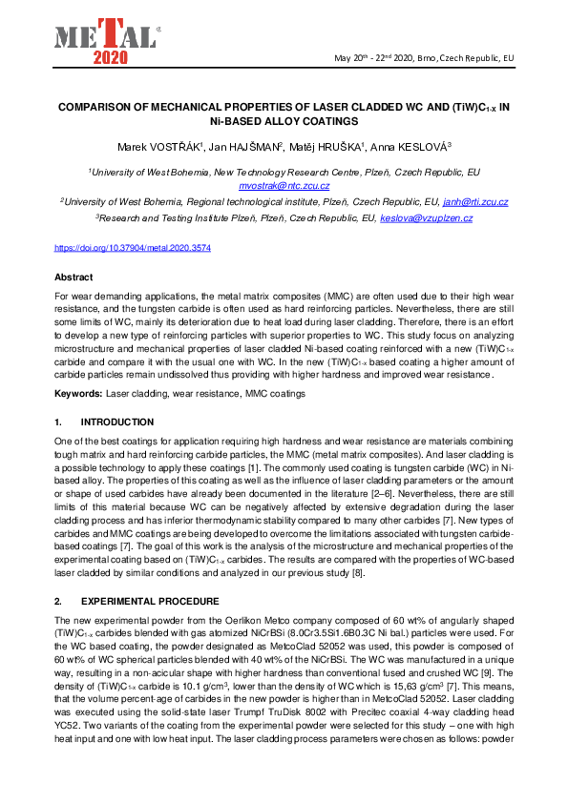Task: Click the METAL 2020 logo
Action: coord(104,41)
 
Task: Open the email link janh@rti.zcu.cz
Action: coord(474,202)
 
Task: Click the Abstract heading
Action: coord(74,277)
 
